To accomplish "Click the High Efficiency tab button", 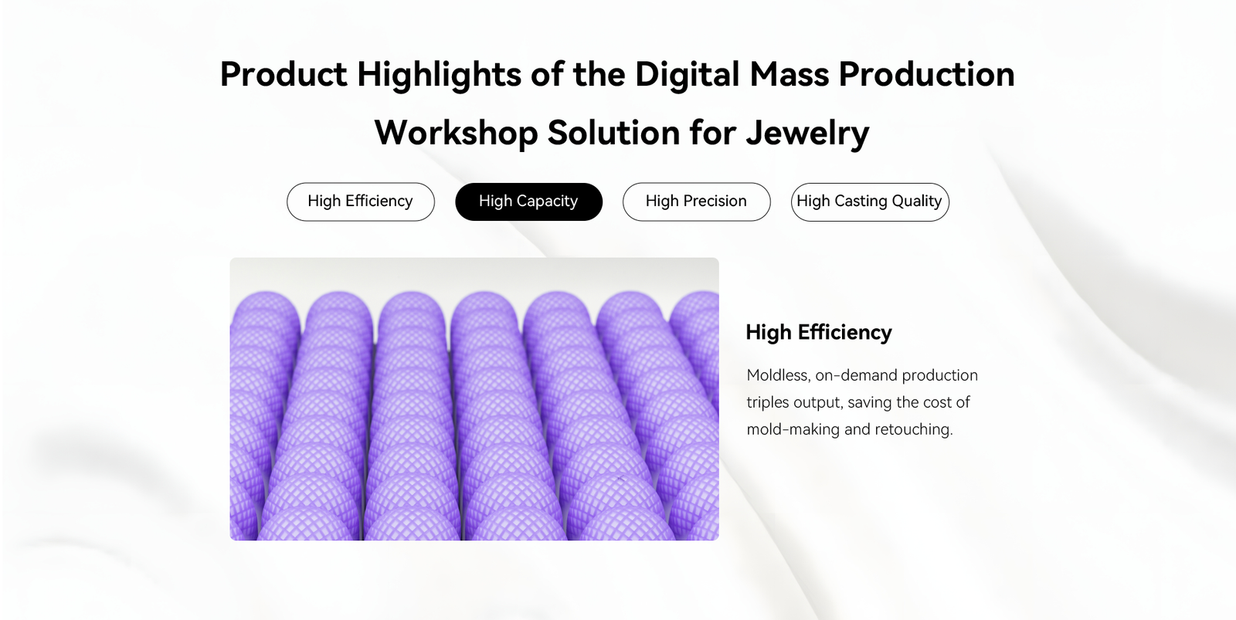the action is (x=360, y=202).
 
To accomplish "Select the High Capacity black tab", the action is (x=528, y=202).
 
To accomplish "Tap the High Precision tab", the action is (x=696, y=202).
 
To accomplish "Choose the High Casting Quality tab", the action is (x=870, y=202).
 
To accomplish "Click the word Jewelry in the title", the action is (x=807, y=134).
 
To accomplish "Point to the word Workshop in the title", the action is (x=456, y=132).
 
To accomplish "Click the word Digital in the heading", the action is (x=687, y=74).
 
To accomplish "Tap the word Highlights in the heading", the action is (x=440, y=74).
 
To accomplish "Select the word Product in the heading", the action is (x=284, y=74).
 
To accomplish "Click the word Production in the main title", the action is (x=926, y=74).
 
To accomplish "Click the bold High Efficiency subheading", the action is (x=819, y=333).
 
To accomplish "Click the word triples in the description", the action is (x=768, y=403).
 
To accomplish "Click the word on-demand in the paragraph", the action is (x=857, y=376).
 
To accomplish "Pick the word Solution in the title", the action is (x=613, y=132).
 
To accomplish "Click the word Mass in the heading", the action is (x=789, y=74).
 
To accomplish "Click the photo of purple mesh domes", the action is (x=474, y=399).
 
